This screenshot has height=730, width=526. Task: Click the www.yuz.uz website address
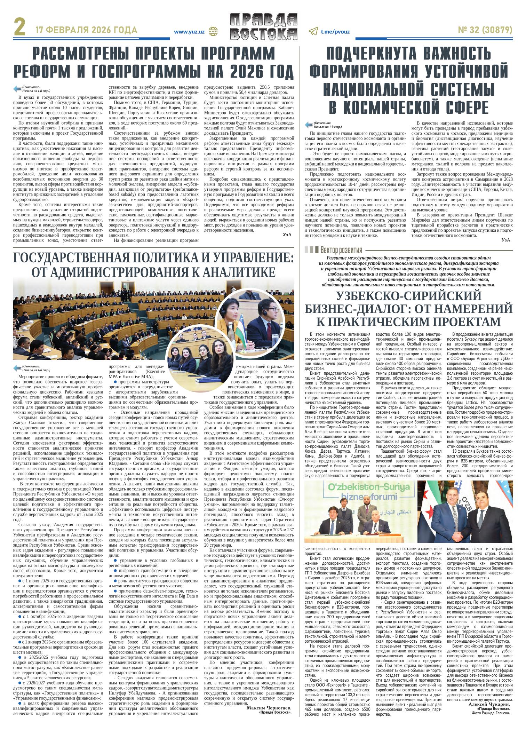(x=190, y=32)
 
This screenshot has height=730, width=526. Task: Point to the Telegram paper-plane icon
(x=314, y=32)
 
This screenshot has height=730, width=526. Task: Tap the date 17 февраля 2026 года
(x=86, y=31)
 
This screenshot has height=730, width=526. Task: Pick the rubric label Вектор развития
(x=341, y=250)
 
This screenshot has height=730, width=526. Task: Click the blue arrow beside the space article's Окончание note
(x=309, y=125)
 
